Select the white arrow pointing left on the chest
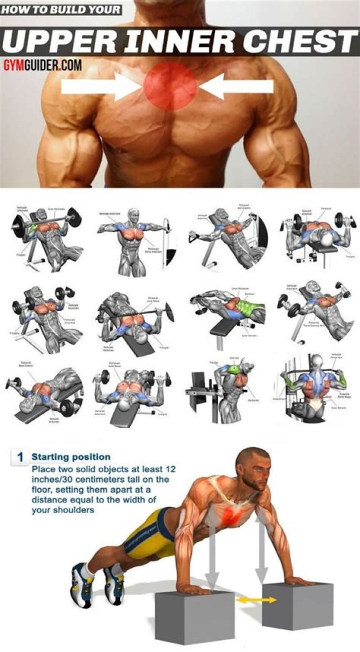pos(240,87)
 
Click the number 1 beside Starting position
pos(20,457)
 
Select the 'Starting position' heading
pos(71,457)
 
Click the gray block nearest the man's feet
pos(194,617)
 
